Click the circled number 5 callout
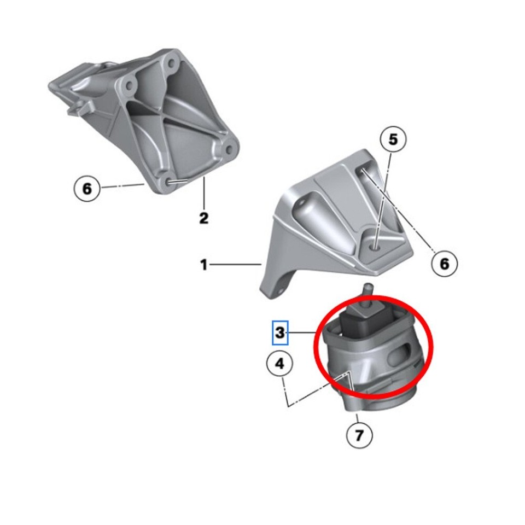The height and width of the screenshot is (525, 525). click(393, 140)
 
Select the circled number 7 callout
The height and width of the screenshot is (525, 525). click(359, 435)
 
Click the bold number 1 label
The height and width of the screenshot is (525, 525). click(204, 266)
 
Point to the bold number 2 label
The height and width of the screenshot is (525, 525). click(203, 219)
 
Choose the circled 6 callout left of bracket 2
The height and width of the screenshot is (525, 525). click(87, 189)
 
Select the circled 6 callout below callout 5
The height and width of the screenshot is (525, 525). click(444, 264)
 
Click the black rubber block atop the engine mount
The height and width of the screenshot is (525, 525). click(364, 323)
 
